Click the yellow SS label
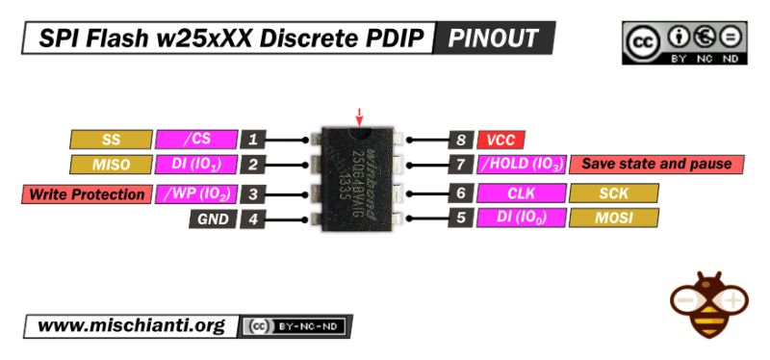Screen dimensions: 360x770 (111, 139)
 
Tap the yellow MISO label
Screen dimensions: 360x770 (111, 165)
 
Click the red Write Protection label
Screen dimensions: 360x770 (86, 193)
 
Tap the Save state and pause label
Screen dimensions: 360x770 (656, 165)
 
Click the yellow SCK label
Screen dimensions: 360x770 (613, 193)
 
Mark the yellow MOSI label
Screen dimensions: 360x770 (613, 218)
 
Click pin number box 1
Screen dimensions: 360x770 (253, 139)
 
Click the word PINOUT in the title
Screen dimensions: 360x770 (494, 39)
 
